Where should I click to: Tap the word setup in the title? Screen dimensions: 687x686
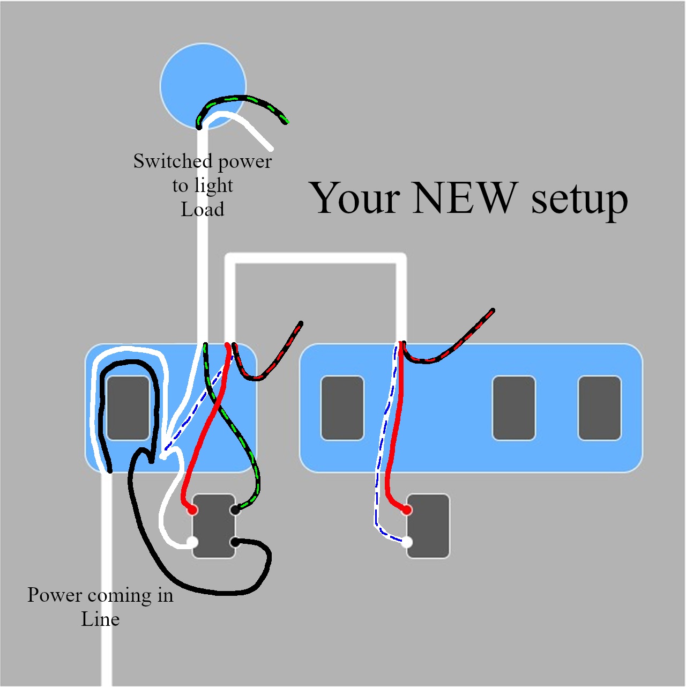click(579, 200)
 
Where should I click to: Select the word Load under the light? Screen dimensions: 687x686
click(202, 209)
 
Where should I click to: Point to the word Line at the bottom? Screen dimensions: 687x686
click(100, 619)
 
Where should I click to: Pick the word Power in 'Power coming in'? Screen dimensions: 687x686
click(55, 595)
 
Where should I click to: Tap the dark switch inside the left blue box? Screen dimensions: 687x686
click(128, 408)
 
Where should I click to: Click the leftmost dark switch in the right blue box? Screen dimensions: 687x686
click(342, 408)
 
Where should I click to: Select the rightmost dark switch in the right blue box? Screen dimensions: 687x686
click(599, 408)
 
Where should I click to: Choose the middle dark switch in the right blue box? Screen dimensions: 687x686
click(513, 408)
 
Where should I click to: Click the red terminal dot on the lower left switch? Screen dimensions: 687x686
click(192, 510)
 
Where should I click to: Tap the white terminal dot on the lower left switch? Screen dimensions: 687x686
click(192, 542)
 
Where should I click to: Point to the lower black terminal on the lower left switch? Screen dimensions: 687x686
click(235, 542)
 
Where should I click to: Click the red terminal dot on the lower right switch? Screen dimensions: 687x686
click(407, 510)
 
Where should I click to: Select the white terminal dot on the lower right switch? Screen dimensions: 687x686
click(407, 542)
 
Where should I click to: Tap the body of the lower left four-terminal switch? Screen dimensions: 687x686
click(213, 526)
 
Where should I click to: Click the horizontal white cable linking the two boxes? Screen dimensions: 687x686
click(315, 258)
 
